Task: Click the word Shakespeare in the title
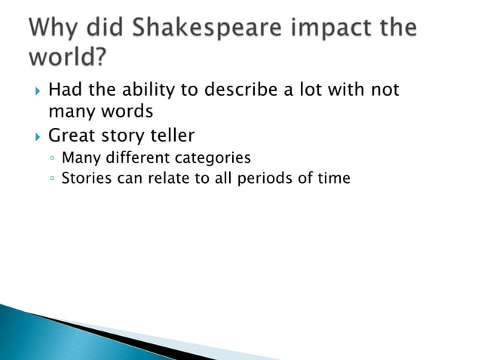tap(199, 29)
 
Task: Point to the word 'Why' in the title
tap(54, 29)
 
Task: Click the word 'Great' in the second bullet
tap(71, 136)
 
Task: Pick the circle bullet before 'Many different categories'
tap(51, 160)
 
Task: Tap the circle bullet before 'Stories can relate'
tap(51, 180)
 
